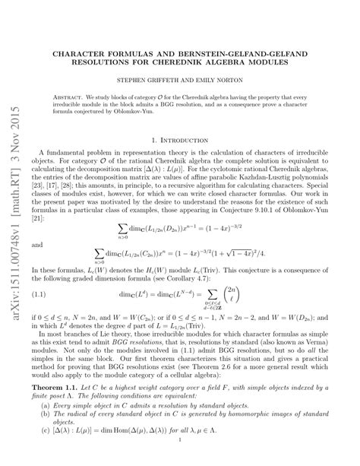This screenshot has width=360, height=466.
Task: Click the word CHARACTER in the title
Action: [x=78, y=55]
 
